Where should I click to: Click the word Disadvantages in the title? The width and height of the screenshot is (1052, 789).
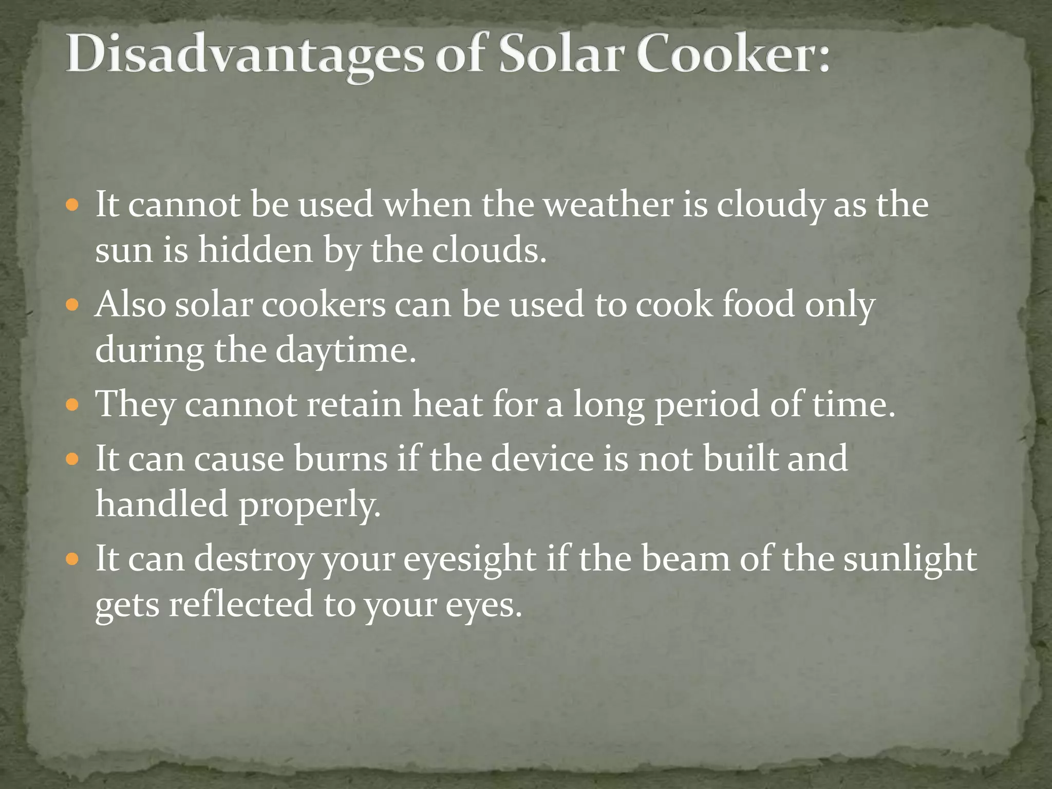(245, 55)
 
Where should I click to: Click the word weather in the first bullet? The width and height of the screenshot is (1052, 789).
(608, 204)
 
